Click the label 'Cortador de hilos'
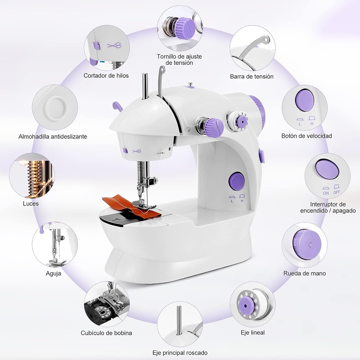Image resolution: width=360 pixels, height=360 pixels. [106, 76]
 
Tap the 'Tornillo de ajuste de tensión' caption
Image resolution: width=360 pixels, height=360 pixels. [179, 59]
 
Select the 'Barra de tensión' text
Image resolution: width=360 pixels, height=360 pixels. [252, 76]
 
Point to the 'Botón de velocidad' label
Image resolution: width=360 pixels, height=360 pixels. [306, 136]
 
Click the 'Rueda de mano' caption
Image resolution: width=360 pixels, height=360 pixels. [304, 273]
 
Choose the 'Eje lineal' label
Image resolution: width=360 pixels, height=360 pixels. [252, 332]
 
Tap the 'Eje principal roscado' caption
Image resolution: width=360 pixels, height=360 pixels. [180, 353]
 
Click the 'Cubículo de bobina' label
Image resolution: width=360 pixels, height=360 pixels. [106, 333]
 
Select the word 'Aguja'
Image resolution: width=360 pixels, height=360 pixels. [53, 273]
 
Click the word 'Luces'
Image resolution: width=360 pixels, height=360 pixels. [31, 203]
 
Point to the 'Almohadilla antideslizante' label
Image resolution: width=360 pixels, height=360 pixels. [53, 136]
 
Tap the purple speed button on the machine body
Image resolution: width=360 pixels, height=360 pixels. [236, 180]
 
